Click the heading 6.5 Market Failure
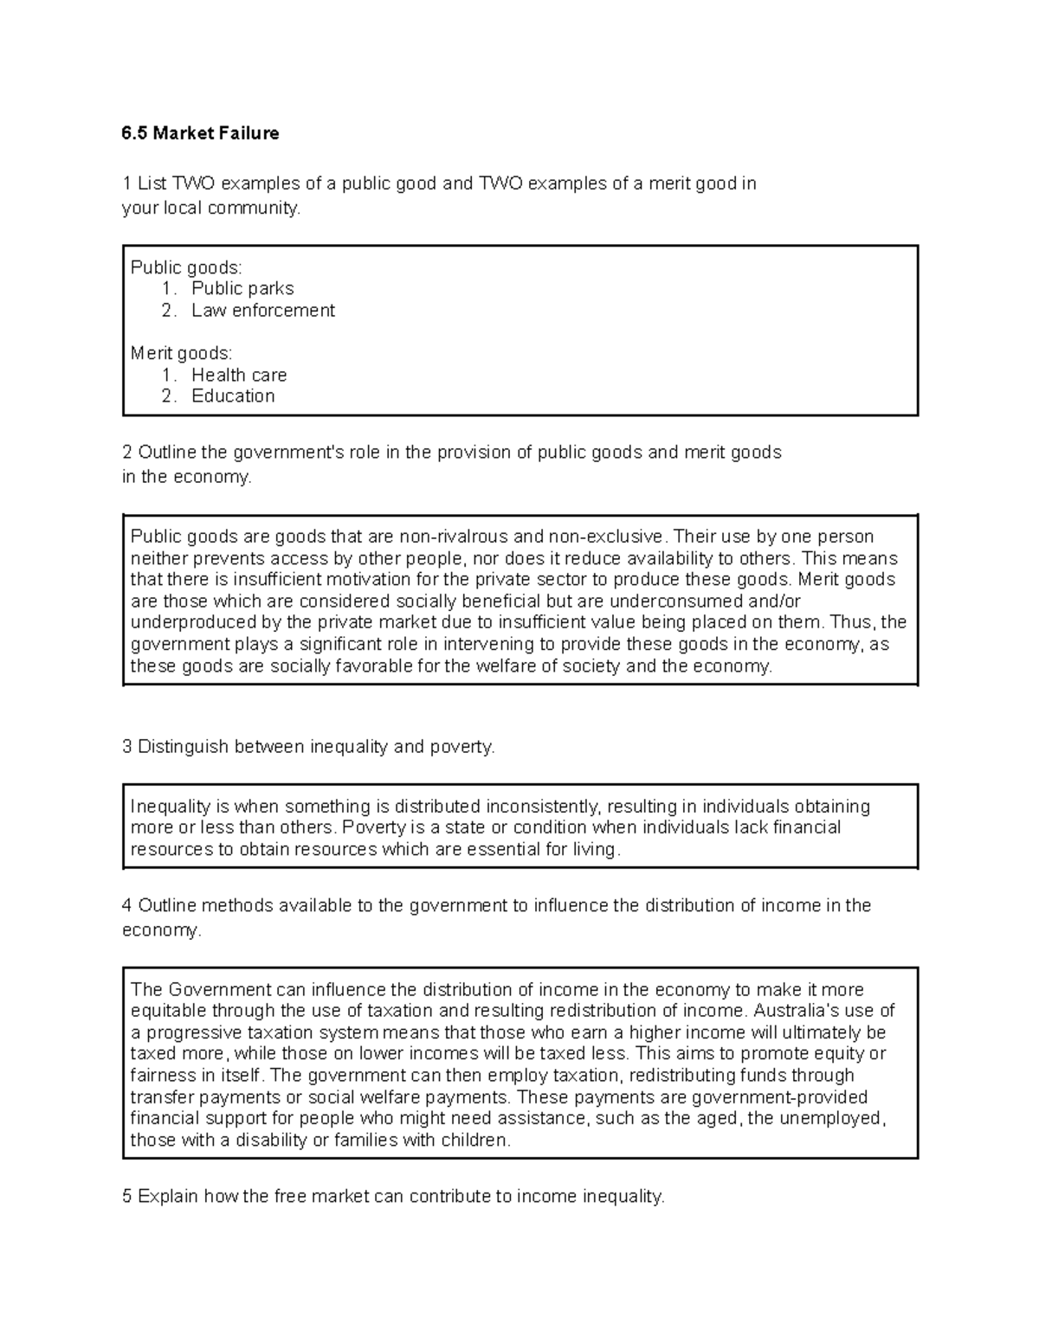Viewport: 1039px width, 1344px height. click(200, 133)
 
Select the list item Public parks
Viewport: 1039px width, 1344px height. click(242, 288)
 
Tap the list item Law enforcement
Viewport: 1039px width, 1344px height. click(262, 310)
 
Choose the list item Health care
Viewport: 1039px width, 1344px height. click(239, 375)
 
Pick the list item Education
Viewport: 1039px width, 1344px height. click(233, 395)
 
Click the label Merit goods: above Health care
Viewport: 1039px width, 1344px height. click(181, 353)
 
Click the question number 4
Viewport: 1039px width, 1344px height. click(127, 906)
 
